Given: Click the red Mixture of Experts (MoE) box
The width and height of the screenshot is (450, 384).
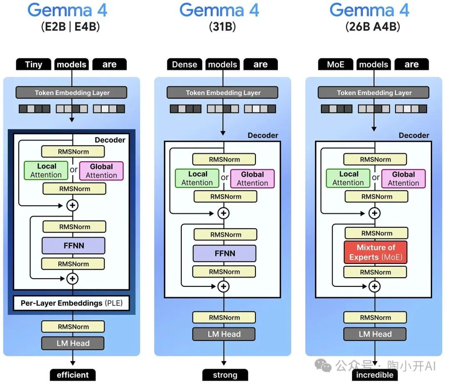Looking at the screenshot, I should (375, 252).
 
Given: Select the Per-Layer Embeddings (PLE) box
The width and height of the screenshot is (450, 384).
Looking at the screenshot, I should (72, 303).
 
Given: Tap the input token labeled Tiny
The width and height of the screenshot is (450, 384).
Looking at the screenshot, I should (33, 64).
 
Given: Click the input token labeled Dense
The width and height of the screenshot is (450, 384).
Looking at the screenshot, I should (184, 64).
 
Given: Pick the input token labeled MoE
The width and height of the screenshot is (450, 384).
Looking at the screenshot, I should (335, 64).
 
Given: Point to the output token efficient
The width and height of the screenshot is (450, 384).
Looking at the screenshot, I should (72, 374).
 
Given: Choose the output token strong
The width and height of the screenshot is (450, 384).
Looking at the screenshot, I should (225, 374).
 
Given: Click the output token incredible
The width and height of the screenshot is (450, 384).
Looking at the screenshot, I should (375, 374).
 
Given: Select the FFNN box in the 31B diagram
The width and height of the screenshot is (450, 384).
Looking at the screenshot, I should (224, 253).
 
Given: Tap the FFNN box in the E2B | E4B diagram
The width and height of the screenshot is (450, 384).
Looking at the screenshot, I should (73, 246).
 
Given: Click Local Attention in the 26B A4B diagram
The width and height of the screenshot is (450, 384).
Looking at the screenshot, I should (348, 178).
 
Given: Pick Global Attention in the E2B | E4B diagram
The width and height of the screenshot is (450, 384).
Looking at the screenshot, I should (101, 171).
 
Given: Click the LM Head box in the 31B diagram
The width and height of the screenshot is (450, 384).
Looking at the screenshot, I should (224, 334).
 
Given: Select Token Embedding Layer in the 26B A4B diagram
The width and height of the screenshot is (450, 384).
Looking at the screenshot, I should (374, 93).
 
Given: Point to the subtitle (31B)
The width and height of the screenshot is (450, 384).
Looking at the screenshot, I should (222, 27).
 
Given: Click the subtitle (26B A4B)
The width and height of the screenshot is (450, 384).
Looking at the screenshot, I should (372, 27).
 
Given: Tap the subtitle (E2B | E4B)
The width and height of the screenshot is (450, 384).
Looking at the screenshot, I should (70, 27).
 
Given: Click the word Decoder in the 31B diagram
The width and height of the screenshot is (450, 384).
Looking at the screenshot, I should (262, 135).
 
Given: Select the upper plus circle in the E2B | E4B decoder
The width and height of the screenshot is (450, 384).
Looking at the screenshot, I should (73, 205).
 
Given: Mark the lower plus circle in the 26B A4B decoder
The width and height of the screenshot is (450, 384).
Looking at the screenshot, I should (375, 286).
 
